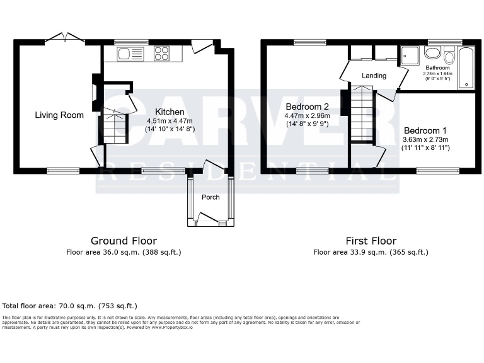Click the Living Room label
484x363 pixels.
[x=59, y=115]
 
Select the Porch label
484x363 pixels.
[x=210, y=197]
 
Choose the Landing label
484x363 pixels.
[x=374, y=76]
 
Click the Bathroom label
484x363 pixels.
[x=437, y=67]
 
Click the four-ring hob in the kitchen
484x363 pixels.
[x=161, y=54]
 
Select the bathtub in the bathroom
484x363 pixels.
[x=467, y=67]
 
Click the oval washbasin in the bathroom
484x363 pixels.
[x=432, y=53]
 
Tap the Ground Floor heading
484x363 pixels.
[x=124, y=241]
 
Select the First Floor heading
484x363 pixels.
[x=371, y=241]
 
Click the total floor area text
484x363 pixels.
[x=70, y=306]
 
